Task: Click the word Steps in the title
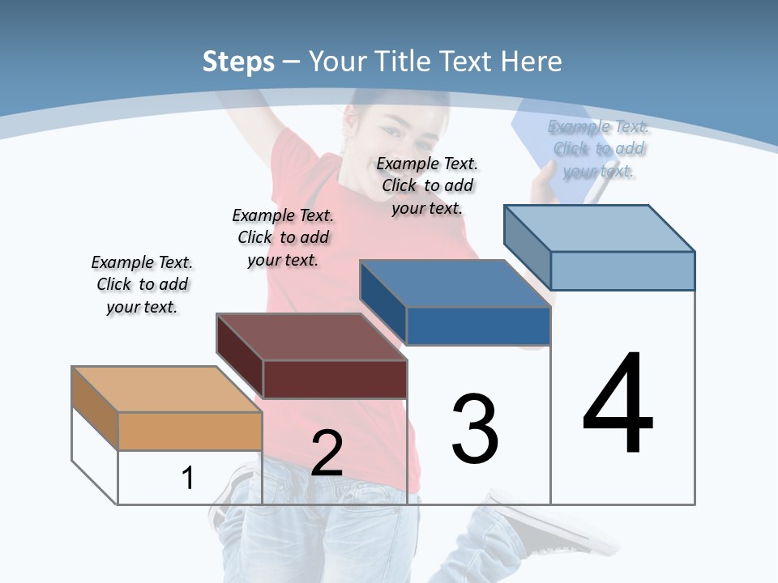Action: [238, 62]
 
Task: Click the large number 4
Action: [618, 404]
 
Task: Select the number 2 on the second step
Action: [327, 453]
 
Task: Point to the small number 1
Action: [187, 478]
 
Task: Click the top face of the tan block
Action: [166, 389]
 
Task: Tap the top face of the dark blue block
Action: [455, 283]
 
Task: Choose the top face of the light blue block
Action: [599, 228]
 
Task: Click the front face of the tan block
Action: [190, 431]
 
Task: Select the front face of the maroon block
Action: [335, 379]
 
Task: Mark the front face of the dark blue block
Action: [478, 326]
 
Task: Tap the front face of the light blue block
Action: [622, 270]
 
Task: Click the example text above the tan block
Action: [142, 284]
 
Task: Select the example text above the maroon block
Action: [283, 237]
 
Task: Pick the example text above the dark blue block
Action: [427, 185]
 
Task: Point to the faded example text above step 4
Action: [599, 148]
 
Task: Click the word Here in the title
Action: [532, 62]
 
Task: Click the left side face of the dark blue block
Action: [383, 302]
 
